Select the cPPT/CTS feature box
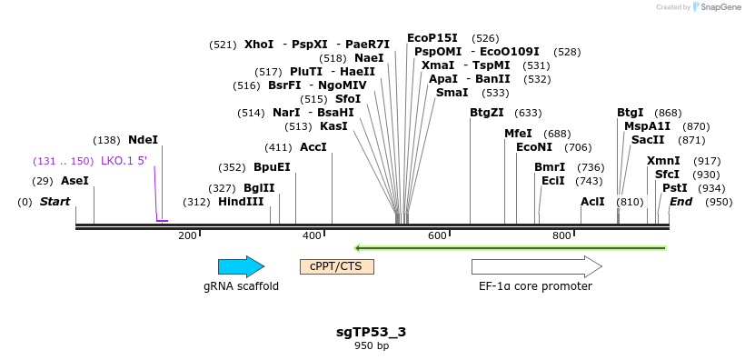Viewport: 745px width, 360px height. coord(336,266)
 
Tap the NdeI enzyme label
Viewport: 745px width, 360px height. coord(143,140)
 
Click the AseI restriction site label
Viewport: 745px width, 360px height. coord(74,181)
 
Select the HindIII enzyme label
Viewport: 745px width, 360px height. coord(241,202)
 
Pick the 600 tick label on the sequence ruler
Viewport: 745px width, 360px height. coord(437,236)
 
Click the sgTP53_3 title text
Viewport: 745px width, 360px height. coord(371,332)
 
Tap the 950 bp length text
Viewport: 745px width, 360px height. coord(371,346)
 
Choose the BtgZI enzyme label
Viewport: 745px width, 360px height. coord(486,113)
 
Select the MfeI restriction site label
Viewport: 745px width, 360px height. coord(518,134)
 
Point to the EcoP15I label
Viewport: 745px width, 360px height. coord(432,38)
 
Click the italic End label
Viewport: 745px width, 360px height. coord(681,202)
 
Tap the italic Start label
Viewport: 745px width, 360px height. coord(55,202)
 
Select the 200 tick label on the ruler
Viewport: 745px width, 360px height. coord(188,236)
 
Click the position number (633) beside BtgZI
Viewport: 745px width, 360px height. coord(528,113)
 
